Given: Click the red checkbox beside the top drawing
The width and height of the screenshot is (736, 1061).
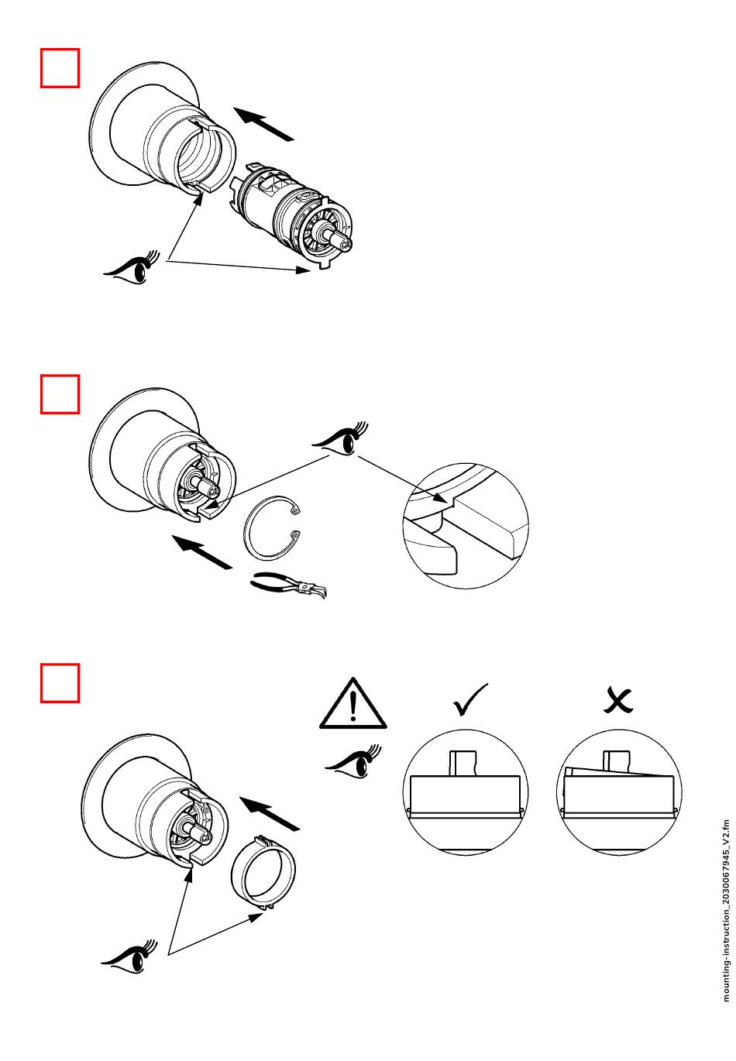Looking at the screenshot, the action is pos(60,68).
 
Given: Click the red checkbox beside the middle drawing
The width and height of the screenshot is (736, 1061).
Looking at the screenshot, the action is pos(60,395).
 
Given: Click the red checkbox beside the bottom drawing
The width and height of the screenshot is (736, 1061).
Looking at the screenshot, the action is pos(60,682).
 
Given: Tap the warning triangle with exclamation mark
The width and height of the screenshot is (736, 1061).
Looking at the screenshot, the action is pos(353,704).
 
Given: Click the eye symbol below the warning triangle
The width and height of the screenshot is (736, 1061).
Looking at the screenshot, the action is pos(353,760).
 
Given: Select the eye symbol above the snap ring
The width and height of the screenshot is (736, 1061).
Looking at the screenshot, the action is pos(341,438).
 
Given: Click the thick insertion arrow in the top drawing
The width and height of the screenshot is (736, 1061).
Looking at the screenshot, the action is pos(264,124).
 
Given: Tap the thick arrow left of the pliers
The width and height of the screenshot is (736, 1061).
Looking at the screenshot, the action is pos(201,551).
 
